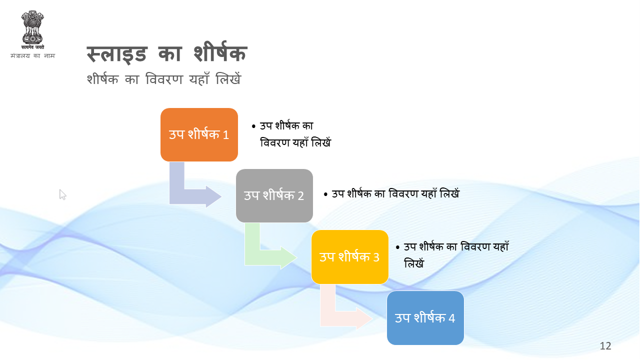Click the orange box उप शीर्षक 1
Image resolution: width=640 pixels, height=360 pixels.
pyautogui.click(x=199, y=134)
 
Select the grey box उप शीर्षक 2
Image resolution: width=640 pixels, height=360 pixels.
pyautogui.click(x=274, y=195)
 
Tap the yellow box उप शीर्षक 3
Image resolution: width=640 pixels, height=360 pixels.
pyautogui.click(x=349, y=257)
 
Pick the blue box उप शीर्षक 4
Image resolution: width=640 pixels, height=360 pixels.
pyautogui.click(x=425, y=317)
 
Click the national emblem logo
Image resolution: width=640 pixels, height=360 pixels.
pyautogui.click(x=32, y=30)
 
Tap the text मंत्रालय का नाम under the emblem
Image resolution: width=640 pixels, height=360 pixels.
pyautogui.click(x=32, y=55)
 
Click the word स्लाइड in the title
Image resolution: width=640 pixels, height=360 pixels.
pyautogui.click(x=117, y=54)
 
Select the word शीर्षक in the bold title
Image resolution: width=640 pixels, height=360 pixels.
pyautogui.click(x=220, y=52)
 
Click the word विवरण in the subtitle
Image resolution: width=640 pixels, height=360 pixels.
pyautogui.click(x=164, y=79)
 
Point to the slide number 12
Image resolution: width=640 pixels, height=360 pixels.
pyautogui.click(x=605, y=346)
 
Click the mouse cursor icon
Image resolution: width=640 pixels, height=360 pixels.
pyautogui.click(x=62, y=194)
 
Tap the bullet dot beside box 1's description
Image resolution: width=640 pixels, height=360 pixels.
pyautogui.click(x=253, y=126)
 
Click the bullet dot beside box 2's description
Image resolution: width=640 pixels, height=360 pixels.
pyautogui.click(x=325, y=194)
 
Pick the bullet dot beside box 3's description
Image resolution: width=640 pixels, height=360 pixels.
pyautogui.click(x=397, y=247)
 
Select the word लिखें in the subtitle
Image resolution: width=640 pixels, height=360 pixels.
pyautogui.click(x=228, y=78)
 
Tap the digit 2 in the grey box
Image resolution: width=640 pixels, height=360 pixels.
pyautogui.click(x=300, y=196)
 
